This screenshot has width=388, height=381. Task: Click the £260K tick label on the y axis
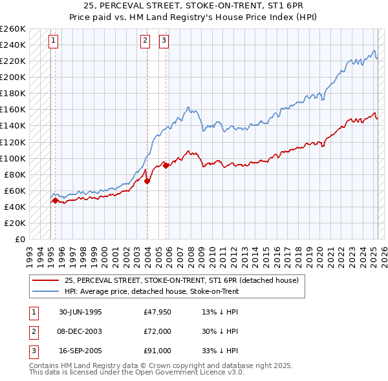[13, 29]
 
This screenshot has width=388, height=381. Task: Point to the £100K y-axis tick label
[13, 158]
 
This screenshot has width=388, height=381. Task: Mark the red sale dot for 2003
[147, 181]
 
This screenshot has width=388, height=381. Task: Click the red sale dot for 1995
[55, 200]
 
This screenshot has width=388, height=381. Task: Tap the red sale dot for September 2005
[166, 165]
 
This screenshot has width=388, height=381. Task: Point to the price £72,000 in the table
[158, 331]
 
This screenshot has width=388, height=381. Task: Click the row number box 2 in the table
[33, 331]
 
